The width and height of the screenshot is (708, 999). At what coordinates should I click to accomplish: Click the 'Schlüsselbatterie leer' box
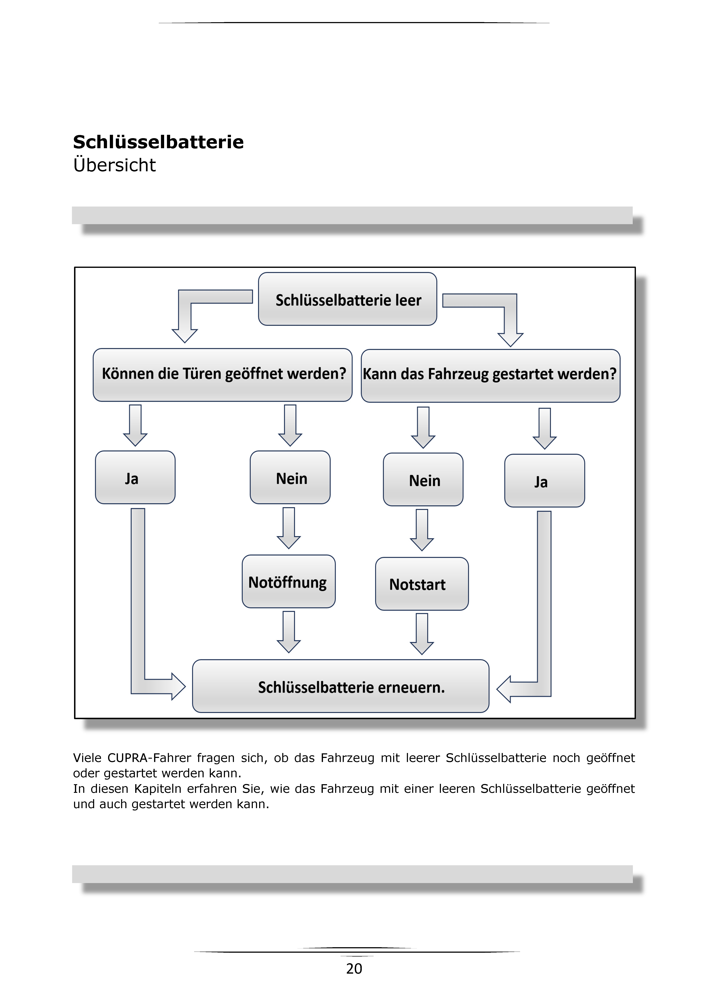tap(347, 299)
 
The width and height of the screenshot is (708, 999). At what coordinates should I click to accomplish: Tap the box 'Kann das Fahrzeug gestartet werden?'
tap(490, 376)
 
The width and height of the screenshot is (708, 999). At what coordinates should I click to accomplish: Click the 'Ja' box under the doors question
tap(135, 478)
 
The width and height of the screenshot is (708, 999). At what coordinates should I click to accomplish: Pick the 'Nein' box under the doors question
tap(290, 478)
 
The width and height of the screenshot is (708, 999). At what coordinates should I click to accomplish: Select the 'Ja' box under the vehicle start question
tap(545, 481)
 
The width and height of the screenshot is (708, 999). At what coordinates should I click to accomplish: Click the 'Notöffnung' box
tap(289, 581)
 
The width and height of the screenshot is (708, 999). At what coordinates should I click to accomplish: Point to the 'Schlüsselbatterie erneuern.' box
tap(340, 686)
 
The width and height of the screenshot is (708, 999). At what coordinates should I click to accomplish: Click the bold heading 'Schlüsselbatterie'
tap(158, 142)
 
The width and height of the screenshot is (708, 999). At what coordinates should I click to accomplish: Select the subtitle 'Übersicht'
tap(115, 165)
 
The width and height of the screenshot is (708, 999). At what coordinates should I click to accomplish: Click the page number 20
tap(354, 969)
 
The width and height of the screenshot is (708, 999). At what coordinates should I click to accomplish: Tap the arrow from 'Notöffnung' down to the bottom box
tap(289, 632)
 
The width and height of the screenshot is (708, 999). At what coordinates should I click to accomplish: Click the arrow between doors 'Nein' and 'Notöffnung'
tap(289, 528)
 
